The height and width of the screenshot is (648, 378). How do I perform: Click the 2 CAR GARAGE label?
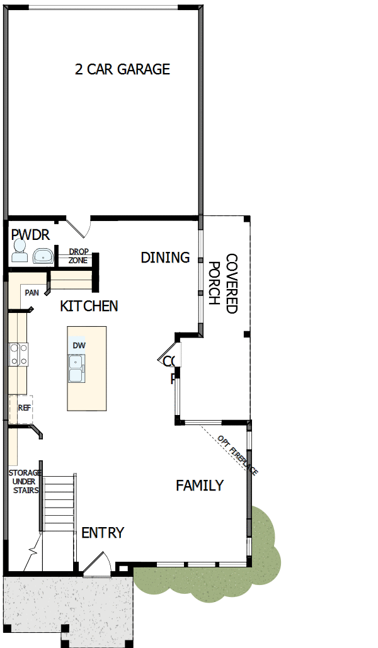[x=122, y=69]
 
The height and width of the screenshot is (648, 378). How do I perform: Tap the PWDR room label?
[x=30, y=235]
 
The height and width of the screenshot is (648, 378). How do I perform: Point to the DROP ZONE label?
[x=78, y=256]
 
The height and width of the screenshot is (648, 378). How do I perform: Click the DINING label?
[x=165, y=258]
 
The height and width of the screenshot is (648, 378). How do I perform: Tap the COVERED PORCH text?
[x=223, y=283]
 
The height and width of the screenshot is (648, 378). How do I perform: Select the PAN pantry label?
[x=31, y=293]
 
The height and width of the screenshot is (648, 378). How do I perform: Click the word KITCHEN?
[x=89, y=306]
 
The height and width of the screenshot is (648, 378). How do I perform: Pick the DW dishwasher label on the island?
[x=78, y=346]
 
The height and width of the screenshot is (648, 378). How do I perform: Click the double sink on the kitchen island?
[x=76, y=368]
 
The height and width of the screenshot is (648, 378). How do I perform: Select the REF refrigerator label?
[x=24, y=407]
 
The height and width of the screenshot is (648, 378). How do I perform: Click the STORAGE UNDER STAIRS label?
[x=25, y=482]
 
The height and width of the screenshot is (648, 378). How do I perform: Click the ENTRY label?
[x=103, y=533]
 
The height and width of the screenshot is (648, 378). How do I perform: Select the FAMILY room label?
[x=199, y=486]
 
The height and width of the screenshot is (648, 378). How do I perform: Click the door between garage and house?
[x=79, y=225]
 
